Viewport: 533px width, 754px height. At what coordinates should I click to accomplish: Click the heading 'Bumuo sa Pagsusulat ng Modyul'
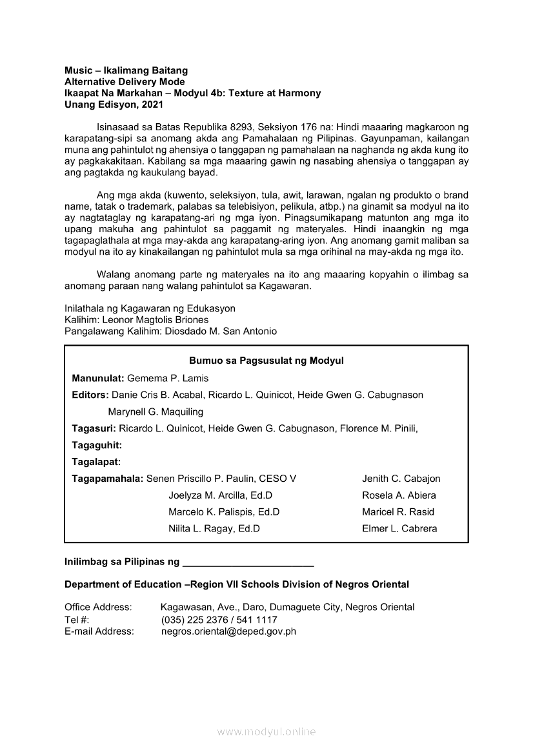266,361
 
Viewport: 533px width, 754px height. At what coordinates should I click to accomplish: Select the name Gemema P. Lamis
168,378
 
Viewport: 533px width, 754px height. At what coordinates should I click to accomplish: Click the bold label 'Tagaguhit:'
97,445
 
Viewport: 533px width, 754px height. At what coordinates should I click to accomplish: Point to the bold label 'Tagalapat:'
97,462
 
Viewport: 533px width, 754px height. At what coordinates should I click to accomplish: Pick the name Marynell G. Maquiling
156,412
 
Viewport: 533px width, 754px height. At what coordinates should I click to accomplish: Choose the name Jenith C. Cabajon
401,479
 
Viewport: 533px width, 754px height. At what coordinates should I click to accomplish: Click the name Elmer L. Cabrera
399,528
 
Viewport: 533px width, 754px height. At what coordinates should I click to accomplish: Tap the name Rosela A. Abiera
399,495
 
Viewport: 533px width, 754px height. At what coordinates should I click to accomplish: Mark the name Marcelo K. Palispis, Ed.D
224,512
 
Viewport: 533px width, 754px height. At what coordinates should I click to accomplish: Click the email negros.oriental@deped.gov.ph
228,631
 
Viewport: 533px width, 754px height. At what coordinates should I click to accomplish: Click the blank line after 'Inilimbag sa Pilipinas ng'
248,562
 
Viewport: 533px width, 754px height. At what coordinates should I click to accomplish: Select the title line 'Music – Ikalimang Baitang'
126,70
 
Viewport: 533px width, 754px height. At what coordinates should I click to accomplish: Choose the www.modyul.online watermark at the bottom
266,731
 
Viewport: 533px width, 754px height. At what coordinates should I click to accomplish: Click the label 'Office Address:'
98,607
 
